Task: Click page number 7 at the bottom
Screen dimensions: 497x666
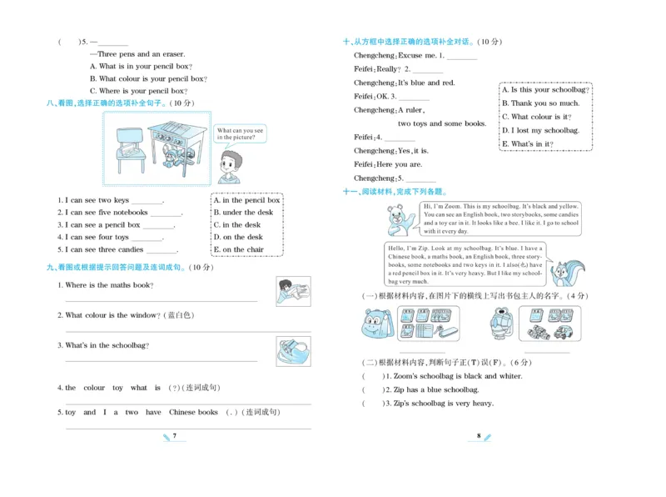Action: [175, 436]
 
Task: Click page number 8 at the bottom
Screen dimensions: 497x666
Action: [479, 436]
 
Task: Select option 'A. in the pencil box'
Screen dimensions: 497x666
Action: [247, 200]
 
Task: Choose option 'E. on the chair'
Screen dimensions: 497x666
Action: [239, 249]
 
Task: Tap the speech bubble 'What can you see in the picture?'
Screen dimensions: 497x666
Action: [240, 133]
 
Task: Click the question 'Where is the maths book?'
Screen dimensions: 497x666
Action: [109, 285]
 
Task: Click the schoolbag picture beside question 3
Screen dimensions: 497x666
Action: [293, 350]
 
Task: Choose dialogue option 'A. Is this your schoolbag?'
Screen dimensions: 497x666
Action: [546, 90]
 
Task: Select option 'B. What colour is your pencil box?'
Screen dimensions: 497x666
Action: [148, 78]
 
